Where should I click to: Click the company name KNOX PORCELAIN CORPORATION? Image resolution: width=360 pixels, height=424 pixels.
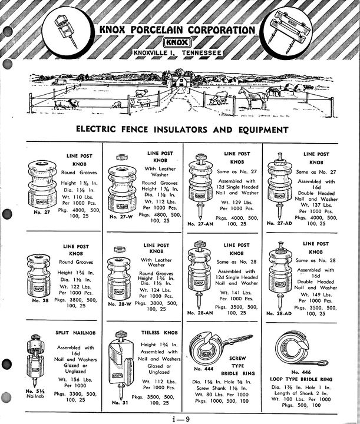click(x=177, y=30)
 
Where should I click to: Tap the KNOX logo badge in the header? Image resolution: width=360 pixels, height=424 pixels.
click(x=177, y=43)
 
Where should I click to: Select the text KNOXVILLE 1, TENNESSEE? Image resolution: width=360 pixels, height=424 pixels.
click(x=177, y=55)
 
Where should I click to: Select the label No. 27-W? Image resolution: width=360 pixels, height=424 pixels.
click(x=122, y=217)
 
